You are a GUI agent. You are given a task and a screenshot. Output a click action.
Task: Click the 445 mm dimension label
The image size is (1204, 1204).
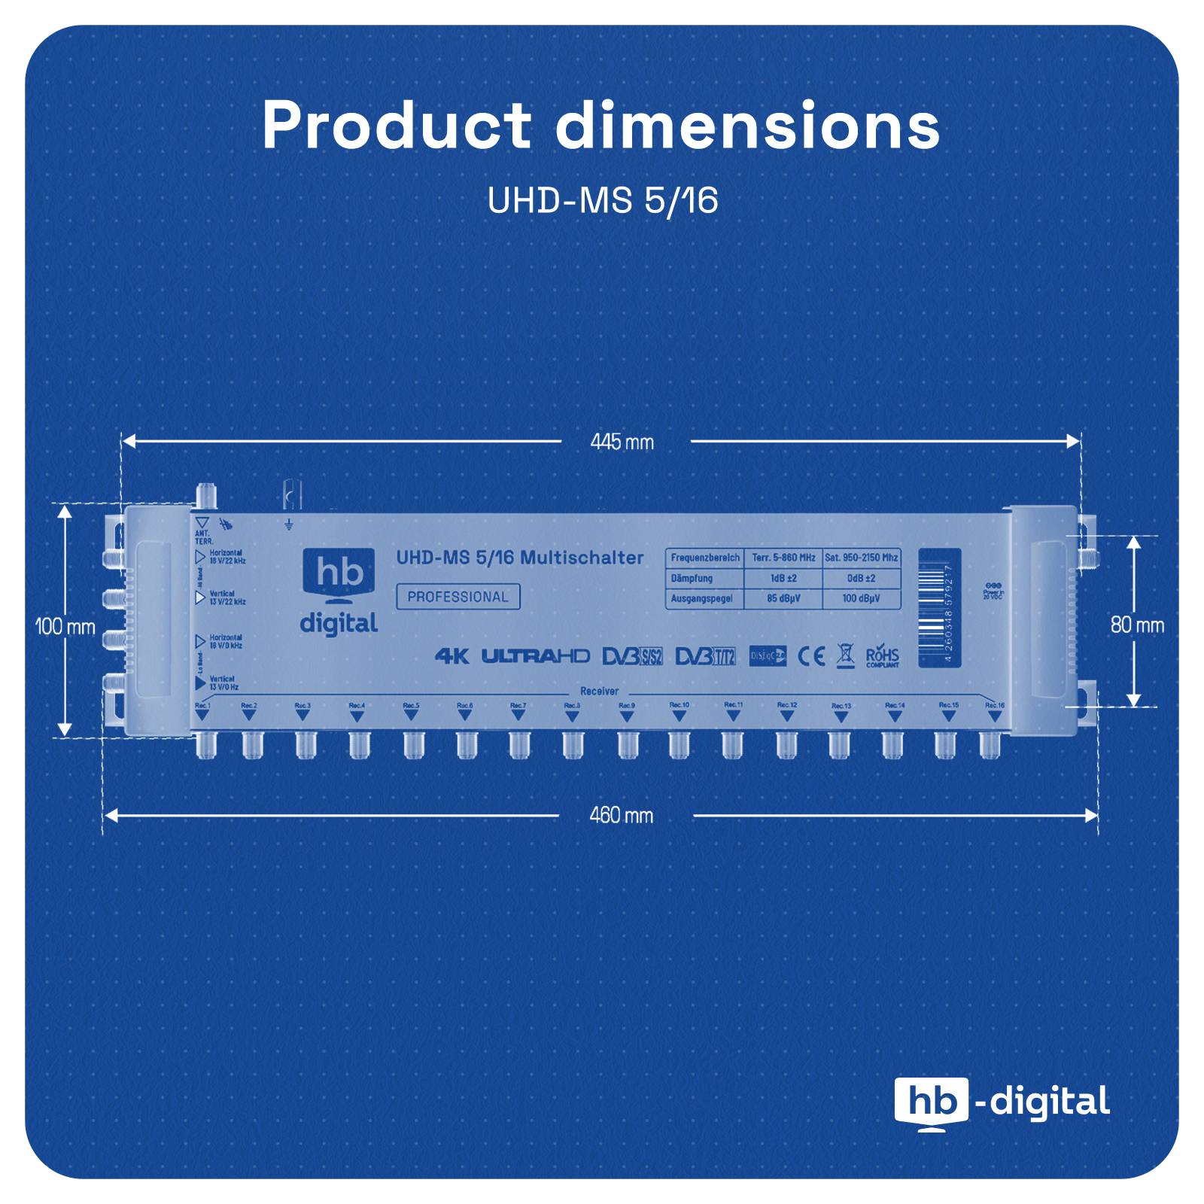pos(622,442)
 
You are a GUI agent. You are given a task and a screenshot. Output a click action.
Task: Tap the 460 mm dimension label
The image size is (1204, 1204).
pos(621,815)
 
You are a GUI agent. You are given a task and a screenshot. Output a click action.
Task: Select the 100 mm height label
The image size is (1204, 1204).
pos(65,626)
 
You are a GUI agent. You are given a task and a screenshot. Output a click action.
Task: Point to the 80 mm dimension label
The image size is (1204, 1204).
pos(1137,625)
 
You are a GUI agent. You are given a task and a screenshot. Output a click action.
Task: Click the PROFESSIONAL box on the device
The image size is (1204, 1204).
pos(458,597)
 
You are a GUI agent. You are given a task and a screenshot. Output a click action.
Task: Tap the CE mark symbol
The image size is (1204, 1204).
pos(810,656)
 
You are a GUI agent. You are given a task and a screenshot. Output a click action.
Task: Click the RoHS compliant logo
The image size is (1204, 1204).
pos(882,656)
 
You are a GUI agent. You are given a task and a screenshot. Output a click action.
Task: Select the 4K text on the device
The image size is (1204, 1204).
pos(451,656)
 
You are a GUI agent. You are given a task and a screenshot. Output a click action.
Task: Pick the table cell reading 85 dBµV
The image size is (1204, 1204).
pos(783,599)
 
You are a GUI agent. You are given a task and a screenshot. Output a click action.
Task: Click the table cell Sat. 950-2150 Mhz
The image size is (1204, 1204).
pos(861,558)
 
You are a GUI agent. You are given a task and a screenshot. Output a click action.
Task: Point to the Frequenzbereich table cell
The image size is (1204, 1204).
pos(704,558)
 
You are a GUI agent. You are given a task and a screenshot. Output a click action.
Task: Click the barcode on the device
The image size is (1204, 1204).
pos(938,607)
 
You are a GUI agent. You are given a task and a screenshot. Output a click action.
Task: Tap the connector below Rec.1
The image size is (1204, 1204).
pos(206,745)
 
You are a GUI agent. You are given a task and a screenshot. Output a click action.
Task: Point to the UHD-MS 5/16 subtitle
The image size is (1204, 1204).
pos(602,200)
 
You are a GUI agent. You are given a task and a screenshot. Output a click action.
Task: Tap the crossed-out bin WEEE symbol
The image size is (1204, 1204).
pos(846,656)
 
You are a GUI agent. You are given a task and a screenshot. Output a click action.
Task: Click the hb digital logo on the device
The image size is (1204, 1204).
pos(339,591)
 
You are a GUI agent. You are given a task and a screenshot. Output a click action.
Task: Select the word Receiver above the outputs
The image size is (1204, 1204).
pos(599,691)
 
